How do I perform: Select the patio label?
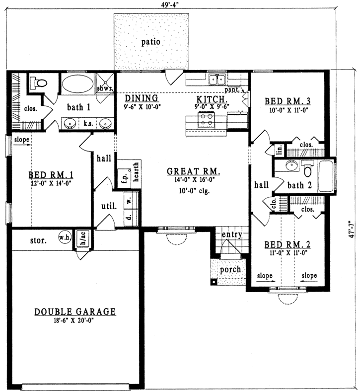pyautogui.click(x=150, y=42)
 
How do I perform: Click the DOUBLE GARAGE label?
pyautogui.click(x=75, y=312)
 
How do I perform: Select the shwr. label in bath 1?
pyautogui.click(x=105, y=88)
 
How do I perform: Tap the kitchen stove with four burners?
pyautogui.click(x=206, y=119)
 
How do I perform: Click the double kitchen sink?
pyautogui.click(x=217, y=79)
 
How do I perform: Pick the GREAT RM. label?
pyautogui.click(x=194, y=171)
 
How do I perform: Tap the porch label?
pyautogui.click(x=230, y=269)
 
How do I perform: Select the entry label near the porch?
pyautogui.click(x=231, y=235)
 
